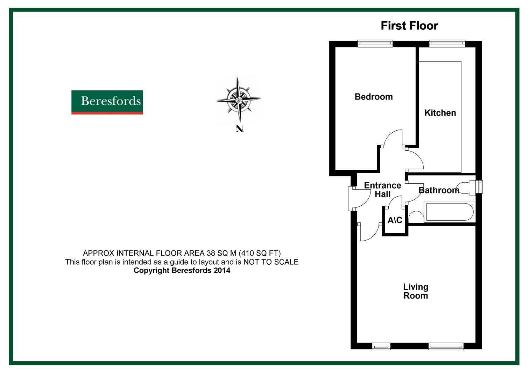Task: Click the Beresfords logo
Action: pyautogui.click(x=107, y=102)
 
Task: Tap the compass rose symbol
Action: pyautogui.click(x=239, y=100)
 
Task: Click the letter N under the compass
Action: pyautogui.click(x=239, y=129)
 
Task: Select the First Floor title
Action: pyautogui.click(x=409, y=26)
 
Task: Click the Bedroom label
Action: pyautogui.click(x=373, y=97)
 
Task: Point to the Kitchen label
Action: pyautogui.click(x=440, y=113)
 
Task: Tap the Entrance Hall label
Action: pyautogui.click(x=382, y=190)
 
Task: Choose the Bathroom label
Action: pyautogui.click(x=439, y=190)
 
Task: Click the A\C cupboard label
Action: pyautogui.click(x=395, y=220)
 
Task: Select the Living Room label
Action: pyautogui.click(x=415, y=291)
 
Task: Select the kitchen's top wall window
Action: pyautogui.click(x=447, y=43)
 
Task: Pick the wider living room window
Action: pyautogui.click(x=446, y=346)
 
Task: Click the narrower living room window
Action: pyautogui.click(x=381, y=346)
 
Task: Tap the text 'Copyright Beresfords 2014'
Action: pyautogui.click(x=182, y=270)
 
